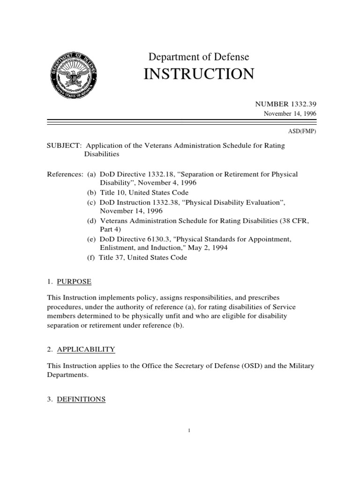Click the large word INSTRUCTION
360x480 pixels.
coord(201,75)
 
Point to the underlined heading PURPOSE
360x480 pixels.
coord(74,282)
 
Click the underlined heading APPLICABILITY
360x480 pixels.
coord(86,349)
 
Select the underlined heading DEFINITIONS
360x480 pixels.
coord(81,399)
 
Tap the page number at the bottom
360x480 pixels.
coord(187,431)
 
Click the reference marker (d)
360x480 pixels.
coord(92,220)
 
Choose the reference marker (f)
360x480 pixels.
coord(91,257)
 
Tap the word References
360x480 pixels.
coord(65,174)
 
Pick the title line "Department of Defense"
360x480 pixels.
coord(199,57)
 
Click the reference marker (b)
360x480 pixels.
coord(92,193)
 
